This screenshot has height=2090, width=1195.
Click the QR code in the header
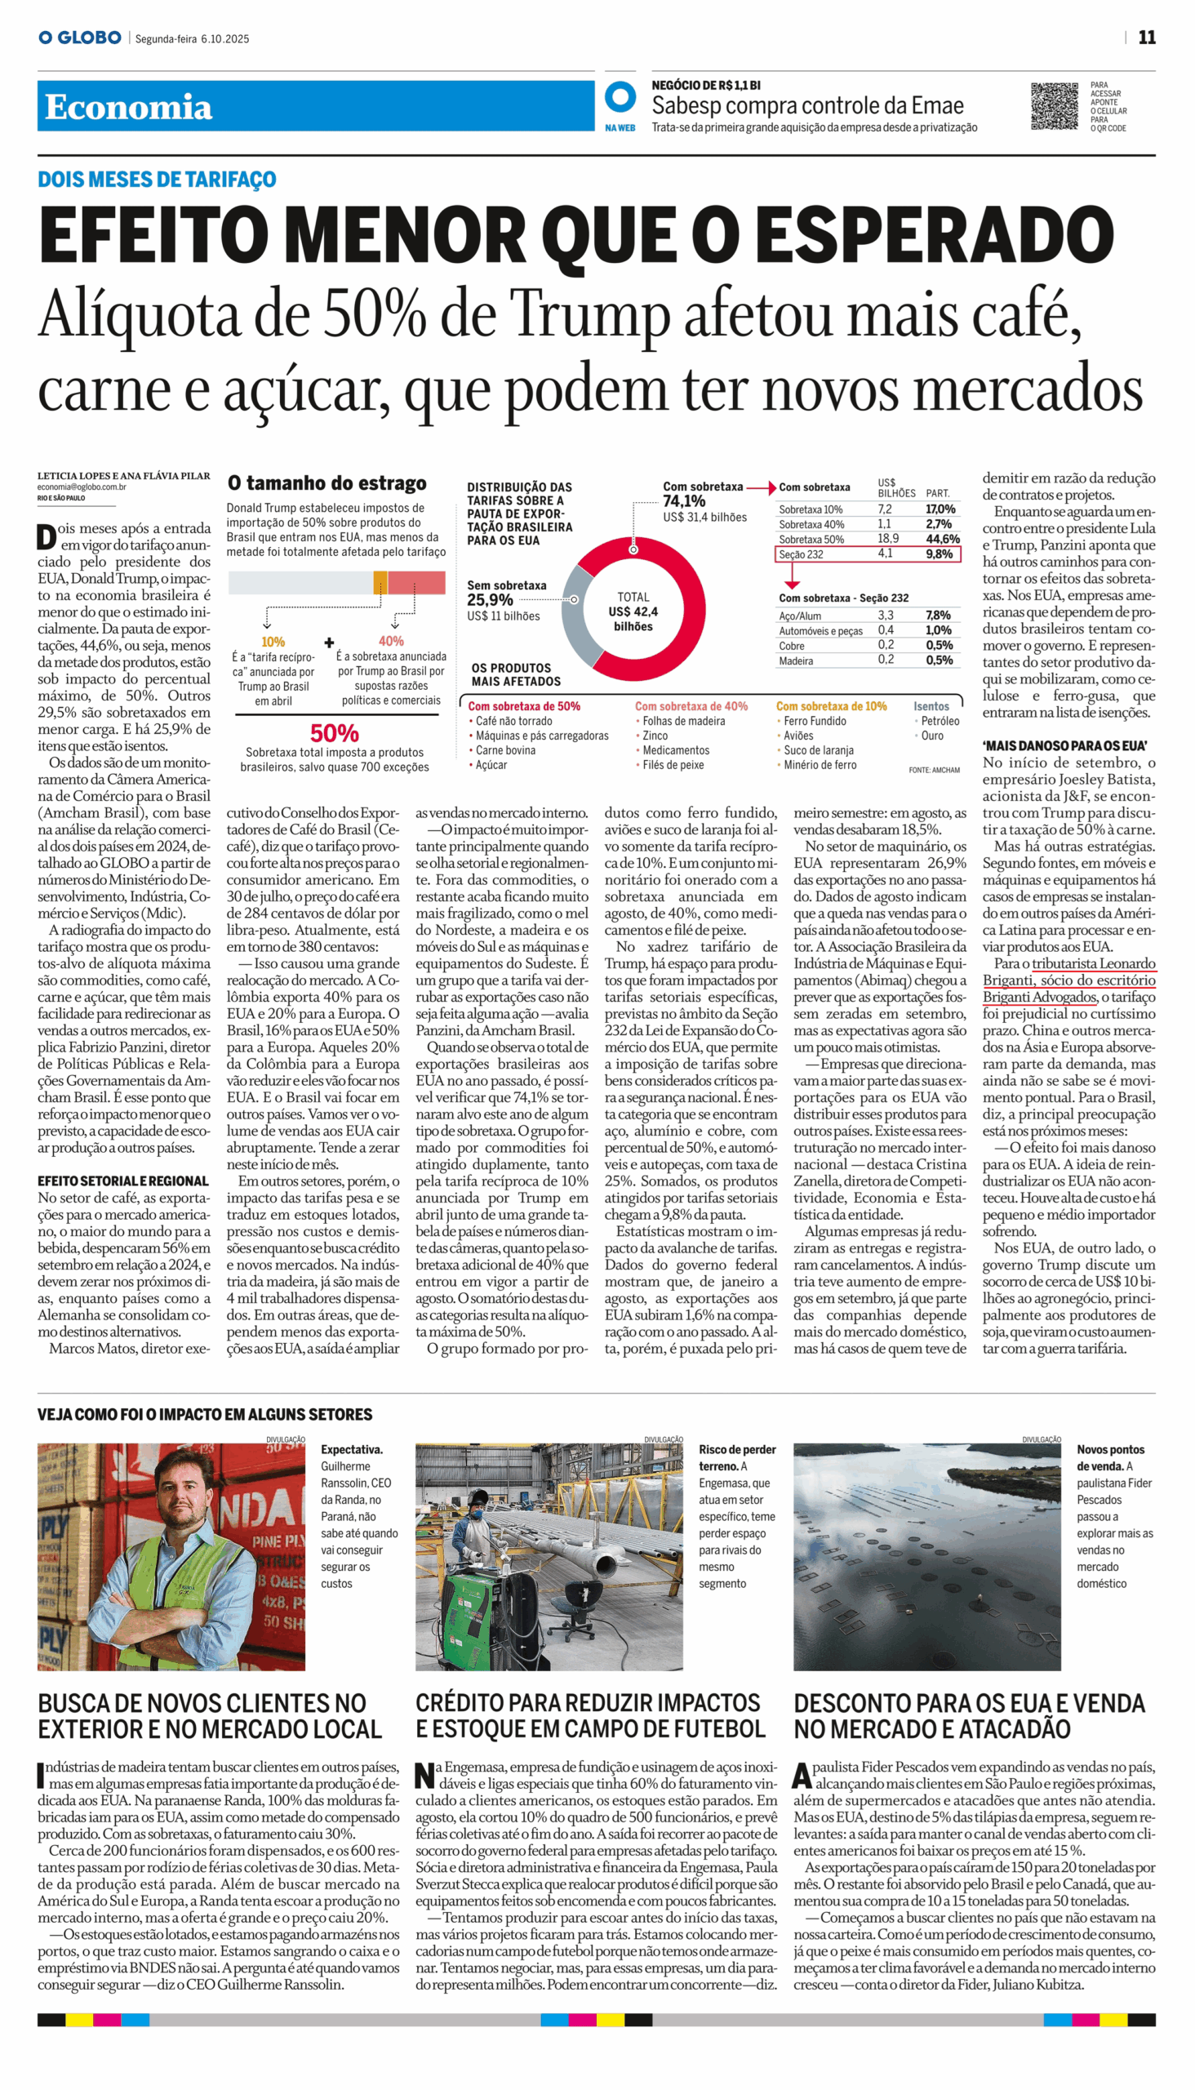pyautogui.click(x=1054, y=106)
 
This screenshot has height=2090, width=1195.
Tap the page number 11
pyautogui.click(x=1147, y=38)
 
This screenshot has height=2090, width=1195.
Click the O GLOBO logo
pyautogui.click(x=80, y=38)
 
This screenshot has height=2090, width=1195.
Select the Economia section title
pyautogui.click(x=128, y=108)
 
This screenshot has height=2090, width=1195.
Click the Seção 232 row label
pyautogui.click(x=801, y=555)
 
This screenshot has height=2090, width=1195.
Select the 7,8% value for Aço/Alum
pyautogui.click(x=938, y=616)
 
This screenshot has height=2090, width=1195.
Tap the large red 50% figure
pyautogui.click(x=334, y=733)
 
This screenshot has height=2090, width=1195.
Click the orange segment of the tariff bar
pyautogui.click(x=380, y=583)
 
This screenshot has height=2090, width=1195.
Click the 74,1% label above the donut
pyautogui.click(x=684, y=501)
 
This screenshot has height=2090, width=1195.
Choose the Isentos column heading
pyautogui.click(x=931, y=707)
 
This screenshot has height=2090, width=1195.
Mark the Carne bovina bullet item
pyautogui.click(x=504, y=750)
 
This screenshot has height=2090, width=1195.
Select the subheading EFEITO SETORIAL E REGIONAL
pyautogui.click(x=123, y=1181)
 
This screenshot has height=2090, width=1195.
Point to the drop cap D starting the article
pyautogui.click(x=46, y=537)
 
